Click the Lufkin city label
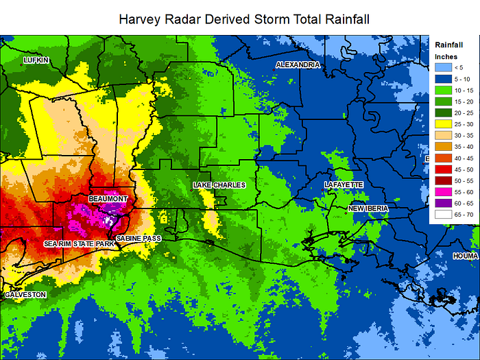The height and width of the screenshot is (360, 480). point(36,60)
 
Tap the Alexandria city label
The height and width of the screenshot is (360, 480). point(298,64)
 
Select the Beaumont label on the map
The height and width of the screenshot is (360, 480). point(108,199)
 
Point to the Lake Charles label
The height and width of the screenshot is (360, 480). point(219,185)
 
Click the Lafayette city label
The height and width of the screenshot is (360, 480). point(344,185)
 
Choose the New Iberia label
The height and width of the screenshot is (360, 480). point(368,208)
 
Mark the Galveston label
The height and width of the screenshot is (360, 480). point(25,294)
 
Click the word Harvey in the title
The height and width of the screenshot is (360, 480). point(138,19)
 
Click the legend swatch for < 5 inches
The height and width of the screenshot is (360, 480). point(444,67)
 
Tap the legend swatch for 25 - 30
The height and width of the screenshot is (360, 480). point(444,124)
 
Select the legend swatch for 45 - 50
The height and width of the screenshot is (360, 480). point(444,169)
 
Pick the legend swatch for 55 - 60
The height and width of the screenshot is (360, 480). point(444,191)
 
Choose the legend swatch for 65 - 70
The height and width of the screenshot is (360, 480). point(444,214)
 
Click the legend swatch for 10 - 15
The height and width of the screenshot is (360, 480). point(444,90)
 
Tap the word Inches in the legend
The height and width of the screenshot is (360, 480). point(445,56)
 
